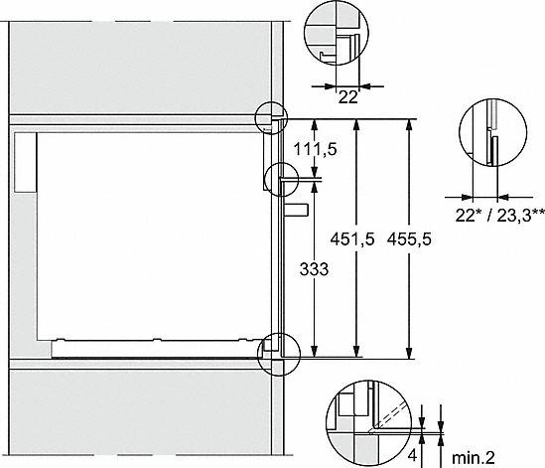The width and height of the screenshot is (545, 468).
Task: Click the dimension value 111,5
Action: [x=316, y=150]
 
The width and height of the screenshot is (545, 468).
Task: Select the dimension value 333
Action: [x=314, y=269]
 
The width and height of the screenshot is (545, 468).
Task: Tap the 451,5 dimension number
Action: [x=352, y=239]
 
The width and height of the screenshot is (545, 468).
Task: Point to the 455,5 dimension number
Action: [x=409, y=239]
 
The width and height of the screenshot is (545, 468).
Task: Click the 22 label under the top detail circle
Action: [x=347, y=97]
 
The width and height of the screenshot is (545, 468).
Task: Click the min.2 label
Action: [x=474, y=458]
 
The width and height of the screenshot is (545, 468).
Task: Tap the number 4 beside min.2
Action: [x=413, y=455]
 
